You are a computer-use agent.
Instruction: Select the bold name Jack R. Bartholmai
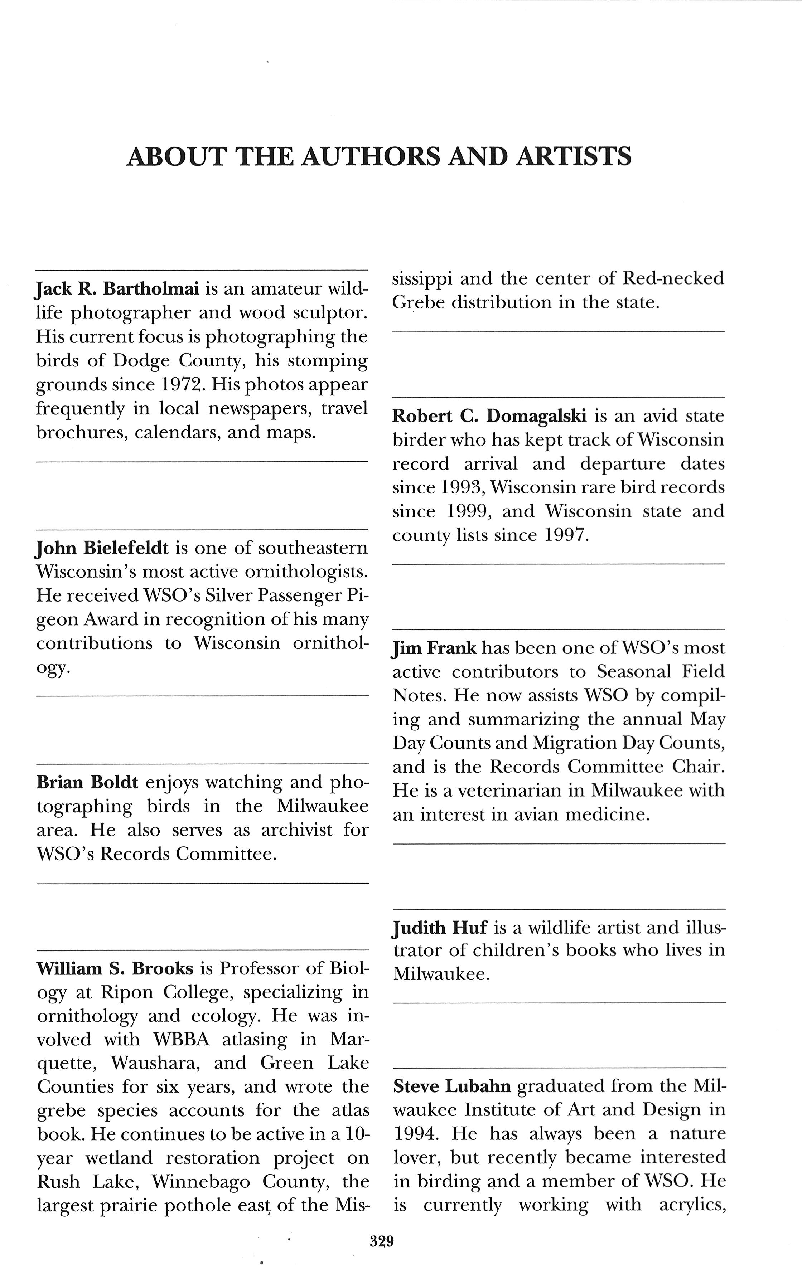tap(117, 289)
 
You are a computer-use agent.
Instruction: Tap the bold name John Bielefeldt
tap(102, 548)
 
